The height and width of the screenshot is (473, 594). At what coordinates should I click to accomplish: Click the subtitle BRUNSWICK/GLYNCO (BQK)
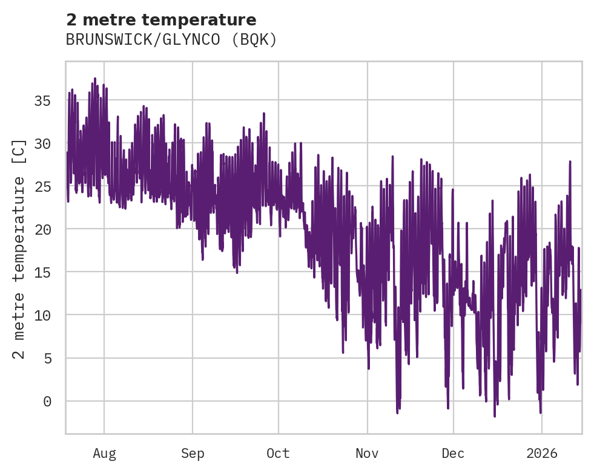[171, 40]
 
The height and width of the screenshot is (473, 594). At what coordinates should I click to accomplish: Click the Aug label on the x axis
[104, 453]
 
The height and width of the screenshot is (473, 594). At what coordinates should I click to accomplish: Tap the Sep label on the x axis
[193, 453]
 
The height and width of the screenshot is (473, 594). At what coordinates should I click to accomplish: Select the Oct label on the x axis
[279, 453]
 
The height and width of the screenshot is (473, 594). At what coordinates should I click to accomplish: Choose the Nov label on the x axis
[367, 453]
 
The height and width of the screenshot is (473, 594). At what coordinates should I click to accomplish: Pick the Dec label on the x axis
[453, 453]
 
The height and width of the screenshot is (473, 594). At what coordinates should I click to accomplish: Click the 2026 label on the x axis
[541, 453]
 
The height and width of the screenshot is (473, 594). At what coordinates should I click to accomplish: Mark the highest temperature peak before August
[95, 78]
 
